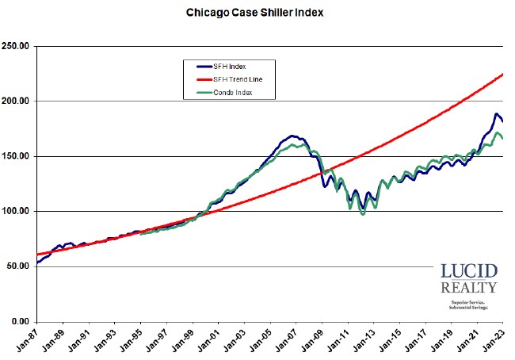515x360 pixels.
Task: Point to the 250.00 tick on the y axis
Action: tap(17, 46)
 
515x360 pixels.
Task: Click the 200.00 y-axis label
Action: tap(17, 101)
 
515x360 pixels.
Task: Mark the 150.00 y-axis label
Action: tap(17, 156)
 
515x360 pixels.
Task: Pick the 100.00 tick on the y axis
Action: tap(17, 212)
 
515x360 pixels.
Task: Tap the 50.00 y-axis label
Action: tap(18, 266)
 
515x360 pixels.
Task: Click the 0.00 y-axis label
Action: tap(21, 321)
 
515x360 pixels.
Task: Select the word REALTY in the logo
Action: tap(468, 287)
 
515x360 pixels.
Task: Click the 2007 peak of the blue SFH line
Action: tap(292, 136)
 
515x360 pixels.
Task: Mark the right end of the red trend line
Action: tap(504, 75)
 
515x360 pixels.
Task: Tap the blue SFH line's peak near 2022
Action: tap(497, 114)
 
